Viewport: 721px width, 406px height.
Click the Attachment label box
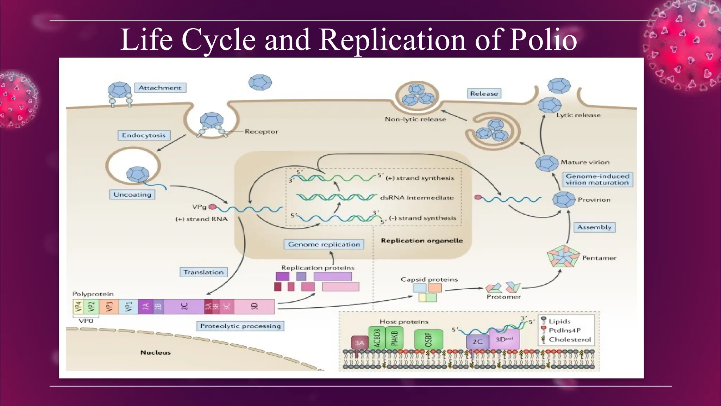pos(160,88)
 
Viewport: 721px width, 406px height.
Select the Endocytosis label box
pos(144,135)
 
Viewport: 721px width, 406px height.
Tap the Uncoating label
pos(132,195)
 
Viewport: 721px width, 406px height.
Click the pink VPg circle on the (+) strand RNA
pos(212,207)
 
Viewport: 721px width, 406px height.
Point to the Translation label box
pos(203,272)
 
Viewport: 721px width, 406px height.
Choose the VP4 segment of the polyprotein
pos(78,307)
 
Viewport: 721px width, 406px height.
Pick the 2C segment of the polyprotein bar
pos(183,307)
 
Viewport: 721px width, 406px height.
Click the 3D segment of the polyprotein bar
pos(254,307)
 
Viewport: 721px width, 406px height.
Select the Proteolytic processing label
pos(240,326)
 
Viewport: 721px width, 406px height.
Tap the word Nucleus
pos(156,352)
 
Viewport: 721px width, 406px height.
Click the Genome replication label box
pos(324,244)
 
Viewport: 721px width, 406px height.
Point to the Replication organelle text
pos(422,241)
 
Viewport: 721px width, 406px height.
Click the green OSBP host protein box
pos(428,339)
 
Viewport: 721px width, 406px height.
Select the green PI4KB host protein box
pos(394,338)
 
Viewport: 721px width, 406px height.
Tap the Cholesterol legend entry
pos(570,340)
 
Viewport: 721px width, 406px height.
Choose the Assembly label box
pos(594,227)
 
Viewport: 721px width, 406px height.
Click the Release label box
pos(484,94)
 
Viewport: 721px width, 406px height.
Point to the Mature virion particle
pos(547,163)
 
